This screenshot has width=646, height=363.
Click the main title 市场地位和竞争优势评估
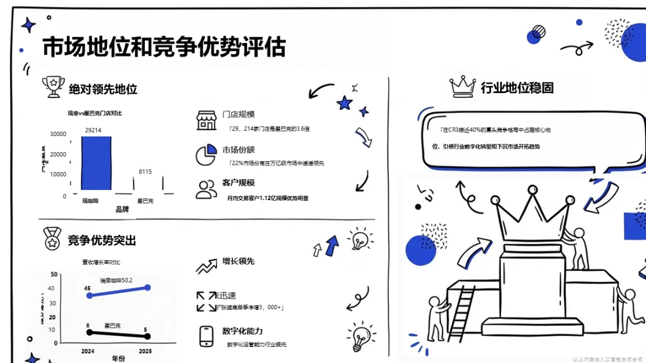(163, 47)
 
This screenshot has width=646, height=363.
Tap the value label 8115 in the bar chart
(145, 172)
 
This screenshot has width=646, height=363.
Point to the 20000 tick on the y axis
(58, 154)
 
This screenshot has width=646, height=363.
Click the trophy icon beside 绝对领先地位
(53, 87)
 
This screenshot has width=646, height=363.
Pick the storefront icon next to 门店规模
(206, 119)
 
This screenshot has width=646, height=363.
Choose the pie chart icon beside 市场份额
(206, 155)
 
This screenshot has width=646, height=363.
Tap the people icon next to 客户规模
(206, 189)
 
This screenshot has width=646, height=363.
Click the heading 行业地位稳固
(517, 88)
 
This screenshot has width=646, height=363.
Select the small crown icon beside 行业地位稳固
(462, 87)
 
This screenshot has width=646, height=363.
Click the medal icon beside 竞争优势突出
(53, 239)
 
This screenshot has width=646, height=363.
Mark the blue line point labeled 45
(90, 296)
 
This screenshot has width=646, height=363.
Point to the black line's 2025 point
(148, 337)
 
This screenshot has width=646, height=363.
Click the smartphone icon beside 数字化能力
(206, 336)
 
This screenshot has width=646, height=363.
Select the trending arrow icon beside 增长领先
(206, 266)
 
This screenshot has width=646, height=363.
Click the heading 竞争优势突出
(102, 240)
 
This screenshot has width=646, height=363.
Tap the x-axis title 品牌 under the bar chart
(122, 210)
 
